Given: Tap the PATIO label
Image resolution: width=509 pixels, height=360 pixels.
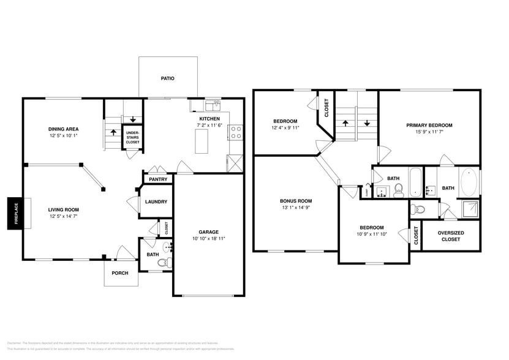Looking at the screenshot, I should pos(168,78).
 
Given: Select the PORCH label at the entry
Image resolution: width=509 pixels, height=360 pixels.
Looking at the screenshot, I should pos(119,273).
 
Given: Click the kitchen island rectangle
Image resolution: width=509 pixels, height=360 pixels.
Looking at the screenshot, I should pos(201,142).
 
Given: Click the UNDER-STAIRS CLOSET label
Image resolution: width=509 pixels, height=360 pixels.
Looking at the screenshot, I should pos(132,137).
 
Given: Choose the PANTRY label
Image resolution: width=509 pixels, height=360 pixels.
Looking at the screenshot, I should pos(158,179).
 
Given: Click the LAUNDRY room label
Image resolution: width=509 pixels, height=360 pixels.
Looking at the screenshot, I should pos(157,203).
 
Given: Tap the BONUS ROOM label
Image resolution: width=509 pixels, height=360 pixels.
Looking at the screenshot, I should pos(296,201).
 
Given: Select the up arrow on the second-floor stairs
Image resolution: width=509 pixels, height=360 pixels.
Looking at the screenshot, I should pos(345,122).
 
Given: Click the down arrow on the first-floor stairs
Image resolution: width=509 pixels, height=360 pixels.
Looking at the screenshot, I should pos(132,119).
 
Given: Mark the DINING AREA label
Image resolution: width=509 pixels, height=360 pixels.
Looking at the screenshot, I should pos(63,129).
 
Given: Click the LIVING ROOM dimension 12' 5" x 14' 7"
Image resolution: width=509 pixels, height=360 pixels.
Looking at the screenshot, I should pos(63,216).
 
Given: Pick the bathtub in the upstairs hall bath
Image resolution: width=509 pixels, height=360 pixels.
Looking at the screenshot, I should pos(416,182).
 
